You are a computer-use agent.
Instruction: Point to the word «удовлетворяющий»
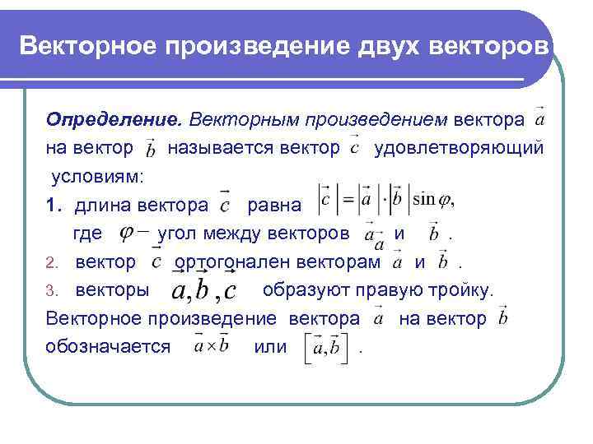point(459,148)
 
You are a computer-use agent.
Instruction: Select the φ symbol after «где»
point(132,234)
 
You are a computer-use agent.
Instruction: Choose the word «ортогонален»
point(228,262)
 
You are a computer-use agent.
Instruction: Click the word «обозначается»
point(109,345)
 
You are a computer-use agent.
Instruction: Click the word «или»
point(271,346)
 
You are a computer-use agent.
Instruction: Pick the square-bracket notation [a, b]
point(326,348)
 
